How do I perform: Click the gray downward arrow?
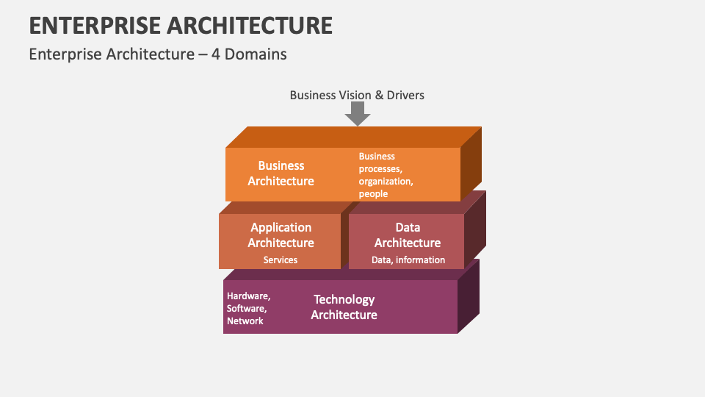358,113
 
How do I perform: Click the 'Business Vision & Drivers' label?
357,95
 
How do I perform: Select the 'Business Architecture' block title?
281,174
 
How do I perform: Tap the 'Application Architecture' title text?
281,235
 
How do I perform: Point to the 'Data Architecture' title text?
408,235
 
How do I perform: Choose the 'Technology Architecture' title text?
344,307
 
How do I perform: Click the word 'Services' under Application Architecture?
281,260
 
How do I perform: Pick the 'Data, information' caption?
408,260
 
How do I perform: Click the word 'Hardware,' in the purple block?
249,296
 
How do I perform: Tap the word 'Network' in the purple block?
245,321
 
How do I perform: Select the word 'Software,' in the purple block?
247,309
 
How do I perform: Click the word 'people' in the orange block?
373,194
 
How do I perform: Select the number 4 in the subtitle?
217,54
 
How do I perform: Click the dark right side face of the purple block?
469,298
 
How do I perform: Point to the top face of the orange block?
352,137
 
